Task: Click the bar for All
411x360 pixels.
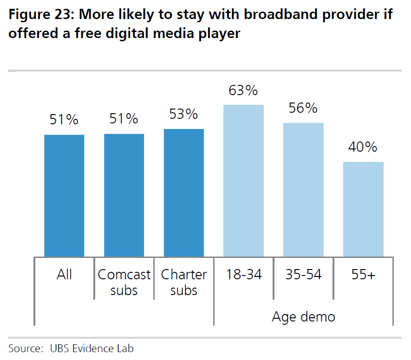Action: pos(64,196)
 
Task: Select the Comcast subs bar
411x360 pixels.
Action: pos(124,195)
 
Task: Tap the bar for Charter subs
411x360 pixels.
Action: pos(184,193)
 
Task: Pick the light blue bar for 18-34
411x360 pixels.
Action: pos(243,181)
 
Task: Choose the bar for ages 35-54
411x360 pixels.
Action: pos(303,190)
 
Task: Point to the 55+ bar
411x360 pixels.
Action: pos(363,209)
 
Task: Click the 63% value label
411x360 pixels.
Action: pos(243,90)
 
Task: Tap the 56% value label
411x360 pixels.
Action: pos(303,108)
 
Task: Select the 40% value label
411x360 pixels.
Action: pos(363,148)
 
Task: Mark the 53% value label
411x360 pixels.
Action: pos(184,114)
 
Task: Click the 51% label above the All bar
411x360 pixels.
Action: pos(64,120)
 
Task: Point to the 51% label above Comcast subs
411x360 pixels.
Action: pos(124,119)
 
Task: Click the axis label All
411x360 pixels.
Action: pos(64,275)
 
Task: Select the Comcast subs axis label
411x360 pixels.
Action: pos(124,283)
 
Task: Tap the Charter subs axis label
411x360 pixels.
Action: pos(184,283)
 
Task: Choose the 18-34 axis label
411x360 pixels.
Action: pos(243,275)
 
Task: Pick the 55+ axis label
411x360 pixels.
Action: pos(363,275)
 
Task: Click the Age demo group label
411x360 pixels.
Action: pos(303,317)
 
